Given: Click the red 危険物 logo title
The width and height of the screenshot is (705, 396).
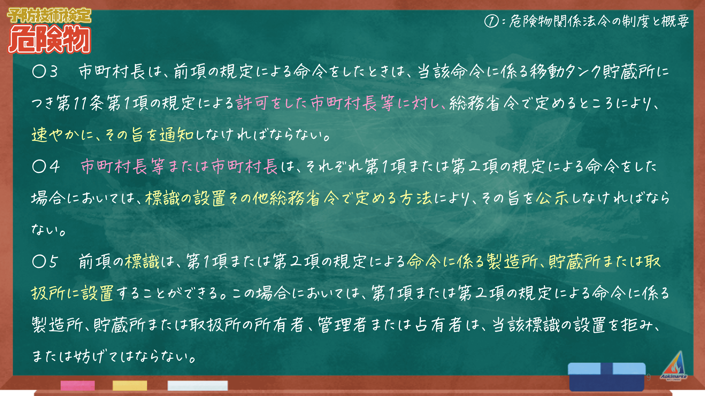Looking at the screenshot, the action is coord(49,39).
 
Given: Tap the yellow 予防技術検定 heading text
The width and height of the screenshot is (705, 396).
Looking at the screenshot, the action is coord(49,15).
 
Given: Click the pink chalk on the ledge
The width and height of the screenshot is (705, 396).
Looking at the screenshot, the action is coord(78,385).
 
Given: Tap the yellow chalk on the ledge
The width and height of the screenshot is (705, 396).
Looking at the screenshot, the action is coord(130,385).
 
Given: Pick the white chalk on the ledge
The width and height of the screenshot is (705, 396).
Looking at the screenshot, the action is coord(198,385).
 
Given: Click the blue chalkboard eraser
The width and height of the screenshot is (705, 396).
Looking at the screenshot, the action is coord(607,377).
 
